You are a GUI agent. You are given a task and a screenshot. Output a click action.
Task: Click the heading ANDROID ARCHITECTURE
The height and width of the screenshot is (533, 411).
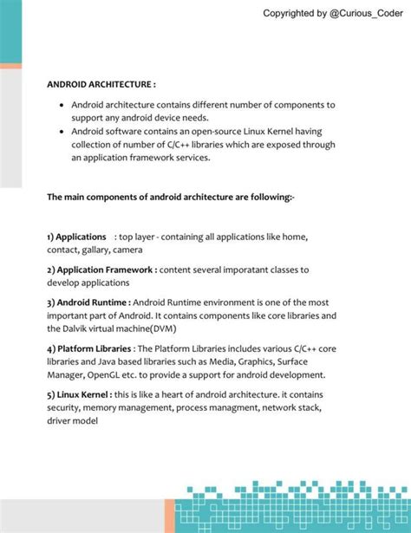[x=101, y=85]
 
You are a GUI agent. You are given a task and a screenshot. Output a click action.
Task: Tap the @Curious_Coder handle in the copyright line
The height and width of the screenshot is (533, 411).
[x=365, y=13]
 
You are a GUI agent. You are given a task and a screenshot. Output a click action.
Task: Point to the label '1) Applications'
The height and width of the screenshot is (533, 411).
[x=76, y=237]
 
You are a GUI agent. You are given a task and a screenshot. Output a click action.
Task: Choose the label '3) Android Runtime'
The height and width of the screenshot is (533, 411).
[x=88, y=303]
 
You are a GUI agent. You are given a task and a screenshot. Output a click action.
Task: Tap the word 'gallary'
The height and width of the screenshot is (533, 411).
[x=104, y=250]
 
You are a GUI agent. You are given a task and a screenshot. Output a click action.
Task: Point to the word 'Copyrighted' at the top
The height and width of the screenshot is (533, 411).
[x=294, y=13]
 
